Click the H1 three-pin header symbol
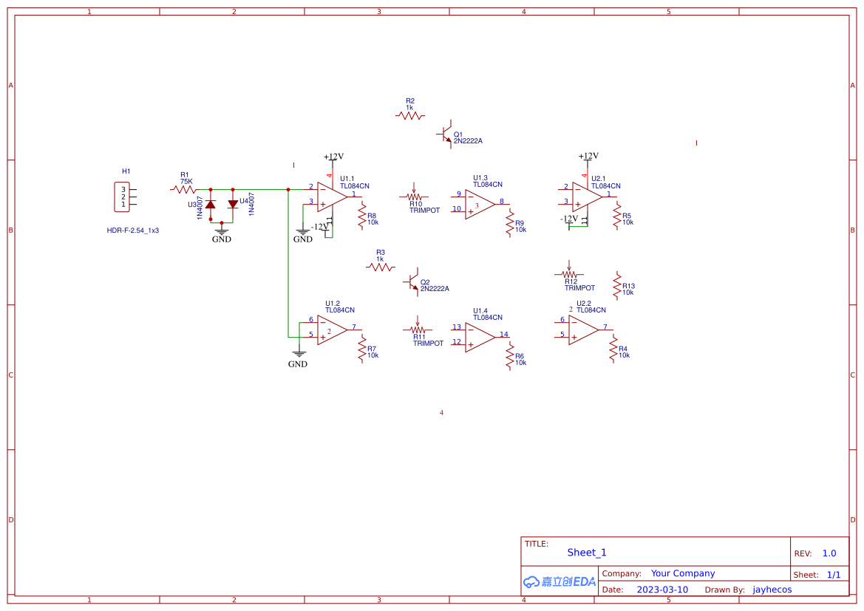click(122, 197)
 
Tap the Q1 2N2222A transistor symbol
click(446, 134)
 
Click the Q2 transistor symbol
click(412, 281)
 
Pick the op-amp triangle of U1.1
click(332, 197)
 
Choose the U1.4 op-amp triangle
click(480, 336)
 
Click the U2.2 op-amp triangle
click(583, 330)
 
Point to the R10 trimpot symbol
click(414, 197)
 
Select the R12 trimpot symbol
click(569, 273)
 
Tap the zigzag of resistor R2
click(410, 116)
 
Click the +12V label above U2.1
click(588, 156)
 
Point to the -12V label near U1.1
click(319, 227)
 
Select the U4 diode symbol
click(233, 203)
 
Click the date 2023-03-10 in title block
click(662, 590)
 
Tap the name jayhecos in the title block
click(772, 590)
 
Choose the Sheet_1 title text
click(587, 553)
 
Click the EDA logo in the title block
click(559, 581)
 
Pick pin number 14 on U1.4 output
click(504, 334)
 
